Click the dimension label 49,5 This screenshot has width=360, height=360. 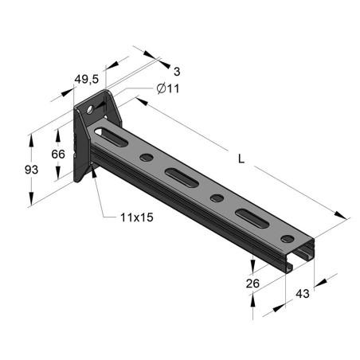[85, 78]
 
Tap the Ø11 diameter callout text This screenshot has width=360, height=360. [168, 88]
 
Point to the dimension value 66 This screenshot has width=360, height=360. [58, 154]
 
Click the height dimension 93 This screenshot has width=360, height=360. [31, 170]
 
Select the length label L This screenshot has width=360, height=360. [241, 158]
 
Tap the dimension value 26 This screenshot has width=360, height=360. [253, 282]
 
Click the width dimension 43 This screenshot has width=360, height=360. [303, 294]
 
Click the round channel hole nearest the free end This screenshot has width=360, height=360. [285, 235]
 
